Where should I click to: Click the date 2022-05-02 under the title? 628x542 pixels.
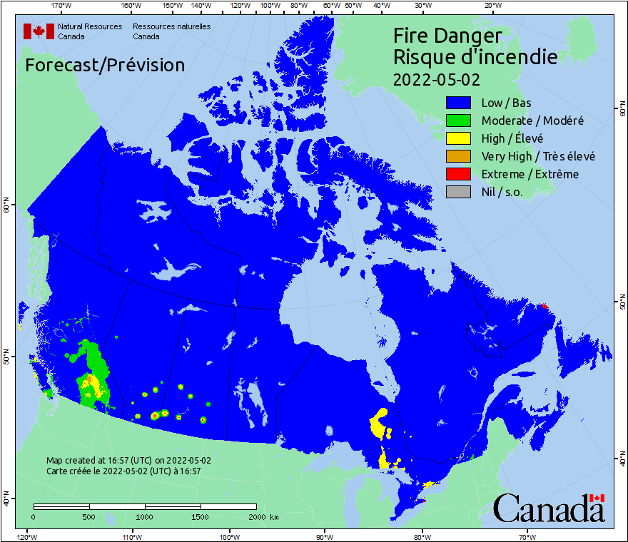pyautogui.click(x=436, y=78)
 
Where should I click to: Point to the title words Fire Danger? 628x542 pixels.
pyautogui.click(x=447, y=36)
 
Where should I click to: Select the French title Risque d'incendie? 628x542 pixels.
pyautogui.click(x=475, y=56)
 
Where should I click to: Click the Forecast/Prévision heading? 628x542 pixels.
pyautogui.click(x=105, y=65)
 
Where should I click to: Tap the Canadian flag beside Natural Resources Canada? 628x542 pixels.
pyautogui.click(x=39, y=31)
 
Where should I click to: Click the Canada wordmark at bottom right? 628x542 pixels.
pyautogui.click(x=549, y=508)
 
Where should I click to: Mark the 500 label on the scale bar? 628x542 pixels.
pyautogui.click(x=89, y=516)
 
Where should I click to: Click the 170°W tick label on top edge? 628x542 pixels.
pyautogui.click(x=62, y=6)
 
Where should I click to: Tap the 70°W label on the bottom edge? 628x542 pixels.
pyautogui.click(x=527, y=536)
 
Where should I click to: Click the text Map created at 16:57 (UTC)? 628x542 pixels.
pyautogui.click(x=128, y=461)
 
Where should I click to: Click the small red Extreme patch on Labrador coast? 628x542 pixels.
pyautogui.click(x=545, y=306)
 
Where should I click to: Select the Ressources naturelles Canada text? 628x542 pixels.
pyautogui.click(x=171, y=31)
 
